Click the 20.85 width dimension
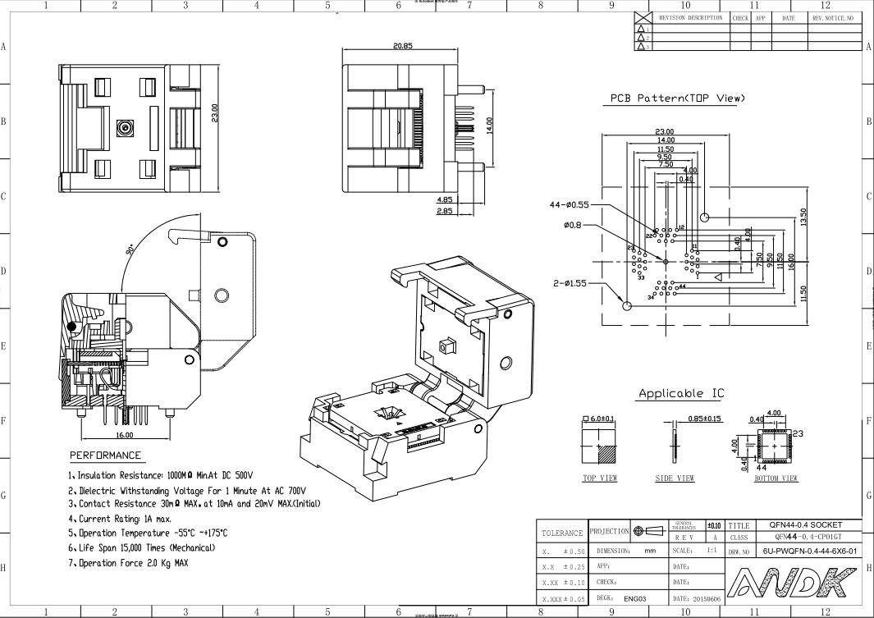point(402,46)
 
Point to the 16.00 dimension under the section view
point(124,435)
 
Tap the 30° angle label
point(131,249)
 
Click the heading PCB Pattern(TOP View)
point(677,98)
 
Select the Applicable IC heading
point(681,394)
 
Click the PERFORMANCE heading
point(105,455)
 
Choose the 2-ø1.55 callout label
point(570,283)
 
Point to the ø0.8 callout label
point(574,226)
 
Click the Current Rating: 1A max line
point(119,519)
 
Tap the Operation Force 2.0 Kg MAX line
point(128,563)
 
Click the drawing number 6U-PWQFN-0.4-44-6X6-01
point(809,552)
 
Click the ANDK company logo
point(793,584)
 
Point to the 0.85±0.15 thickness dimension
point(704,419)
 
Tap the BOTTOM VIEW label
point(776,478)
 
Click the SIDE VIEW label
point(675,478)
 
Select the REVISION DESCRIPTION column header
point(690,17)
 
